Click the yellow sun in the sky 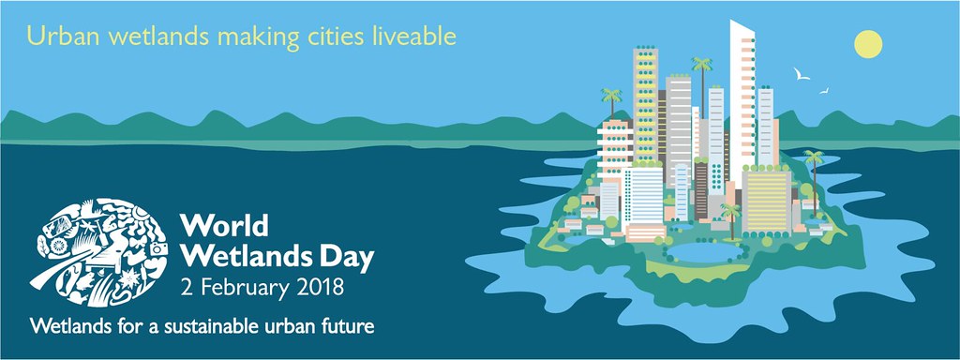pyautogui.click(x=868, y=44)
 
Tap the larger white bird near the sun pyautogui.click(x=802, y=74)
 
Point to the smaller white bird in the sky pyautogui.click(x=824, y=91)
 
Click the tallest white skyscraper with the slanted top pyautogui.click(x=742, y=104)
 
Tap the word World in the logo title pyautogui.click(x=224, y=226)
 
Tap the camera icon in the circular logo pyautogui.click(x=158, y=248)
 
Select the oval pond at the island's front pyautogui.click(x=704, y=251)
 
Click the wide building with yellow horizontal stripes pyautogui.click(x=766, y=201)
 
